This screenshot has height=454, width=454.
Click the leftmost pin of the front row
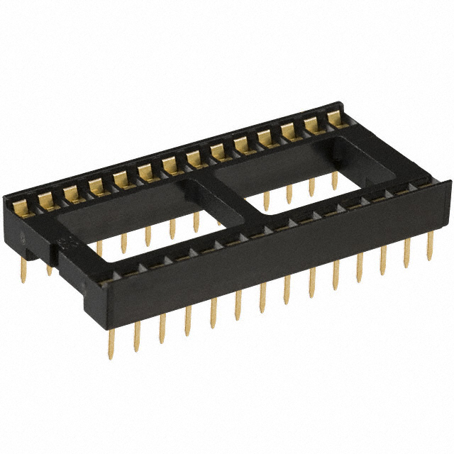111,345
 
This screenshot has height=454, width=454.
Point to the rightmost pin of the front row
430,248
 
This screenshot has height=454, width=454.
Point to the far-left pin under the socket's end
23,270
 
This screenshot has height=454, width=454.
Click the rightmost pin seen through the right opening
334,180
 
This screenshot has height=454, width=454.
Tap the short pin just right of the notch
49,269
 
